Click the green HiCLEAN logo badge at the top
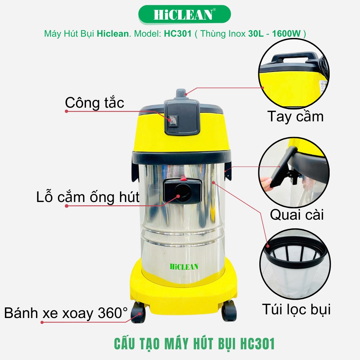pyautogui.click(x=184, y=14)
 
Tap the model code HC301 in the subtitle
pyautogui.click(x=177, y=34)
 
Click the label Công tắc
pyautogui.click(x=94, y=103)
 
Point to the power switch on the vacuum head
pyautogui.click(x=173, y=121)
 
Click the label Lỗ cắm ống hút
pyautogui.click(x=88, y=197)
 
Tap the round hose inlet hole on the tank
pyautogui.click(x=183, y=192)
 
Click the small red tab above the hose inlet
pyautogui.click(x=183, y=178)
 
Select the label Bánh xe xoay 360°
pyautogui.click(x=66, y=313)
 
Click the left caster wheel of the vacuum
pyautogui.click(x=138, y=312)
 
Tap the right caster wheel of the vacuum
pyautogui.click(x=229, y=310)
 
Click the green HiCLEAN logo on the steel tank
pyautogui.click(x=184, y=267)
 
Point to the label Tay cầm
pyautogui.click(x=295, y=116)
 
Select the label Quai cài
pyautogui.click(x=297, y=215)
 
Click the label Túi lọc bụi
pyautogui.click(x=296, y=309)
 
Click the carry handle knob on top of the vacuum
pyautogui.click(x=181, y=94)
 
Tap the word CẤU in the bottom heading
pyautogui.click(x=124, y=344)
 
